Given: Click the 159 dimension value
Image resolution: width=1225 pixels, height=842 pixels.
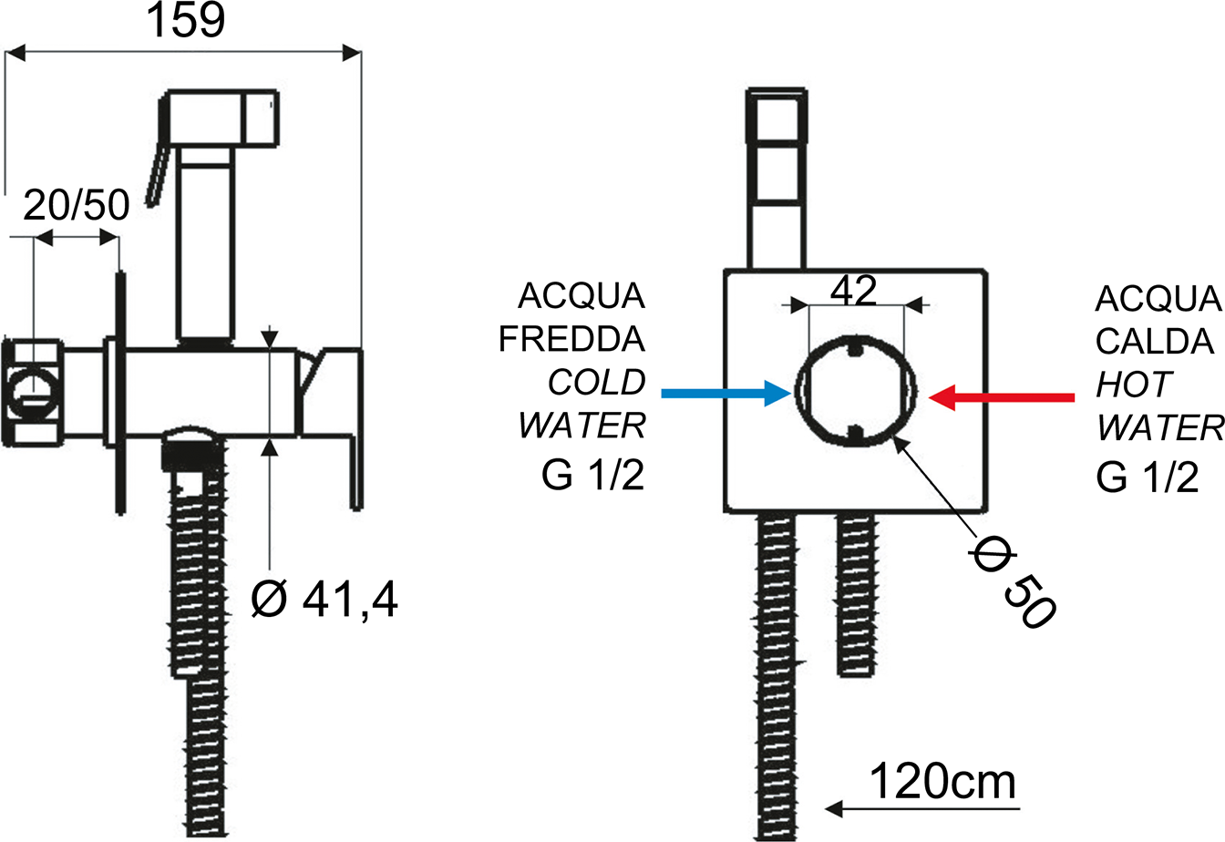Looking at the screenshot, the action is pyautogui.click(x=186, y=20).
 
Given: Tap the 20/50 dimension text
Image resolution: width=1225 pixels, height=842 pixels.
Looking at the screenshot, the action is pyautogui.click(x=77, y=206).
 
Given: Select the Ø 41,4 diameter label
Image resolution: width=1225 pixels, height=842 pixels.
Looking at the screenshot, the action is pyautogui.click(x=324, y=600).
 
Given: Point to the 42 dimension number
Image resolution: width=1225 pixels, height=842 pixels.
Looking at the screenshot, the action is pyautogui.click(x=854, y=291).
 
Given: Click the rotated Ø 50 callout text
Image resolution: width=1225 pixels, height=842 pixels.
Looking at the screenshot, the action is pyautogui.click(x=1013, y=582).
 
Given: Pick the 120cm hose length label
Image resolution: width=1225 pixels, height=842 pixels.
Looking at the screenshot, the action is pyautogui.click(x=942, y=782).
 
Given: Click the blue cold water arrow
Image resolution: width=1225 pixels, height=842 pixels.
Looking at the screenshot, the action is pyautogui.click(x=726, y=393).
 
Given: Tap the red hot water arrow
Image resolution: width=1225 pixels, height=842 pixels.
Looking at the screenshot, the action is pyautogui.click(x=1002, y=397).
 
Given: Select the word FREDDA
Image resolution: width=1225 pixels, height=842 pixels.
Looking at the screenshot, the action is pyautogui.click(x=572, y=339).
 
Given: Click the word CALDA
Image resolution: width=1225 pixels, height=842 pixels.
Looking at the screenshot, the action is pyautogui.click(x=1155, y=341).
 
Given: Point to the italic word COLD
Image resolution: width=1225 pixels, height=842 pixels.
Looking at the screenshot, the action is pyautogui.click(x=597, y=382).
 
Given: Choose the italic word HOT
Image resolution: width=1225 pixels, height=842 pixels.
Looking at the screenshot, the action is pyautogui.click(x=1135, y=385).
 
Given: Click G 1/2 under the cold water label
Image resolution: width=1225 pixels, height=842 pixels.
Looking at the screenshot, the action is pyautogui.click(x=593, y=475).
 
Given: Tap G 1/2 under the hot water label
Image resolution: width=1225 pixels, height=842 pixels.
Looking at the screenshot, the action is pyautogui.click(x=1148, y=477).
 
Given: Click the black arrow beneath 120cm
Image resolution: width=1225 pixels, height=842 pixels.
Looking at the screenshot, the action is pyautogui.click(x=922, y=808).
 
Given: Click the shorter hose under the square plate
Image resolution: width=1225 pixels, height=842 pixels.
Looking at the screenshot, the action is pyautogui.click(x=857, y=595).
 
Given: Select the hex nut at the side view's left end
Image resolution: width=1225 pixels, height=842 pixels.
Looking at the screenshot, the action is pyautogui.click(x=32, y=393).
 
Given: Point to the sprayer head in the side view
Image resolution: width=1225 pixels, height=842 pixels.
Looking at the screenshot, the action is pyautogui.click(x=220, y=118).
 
